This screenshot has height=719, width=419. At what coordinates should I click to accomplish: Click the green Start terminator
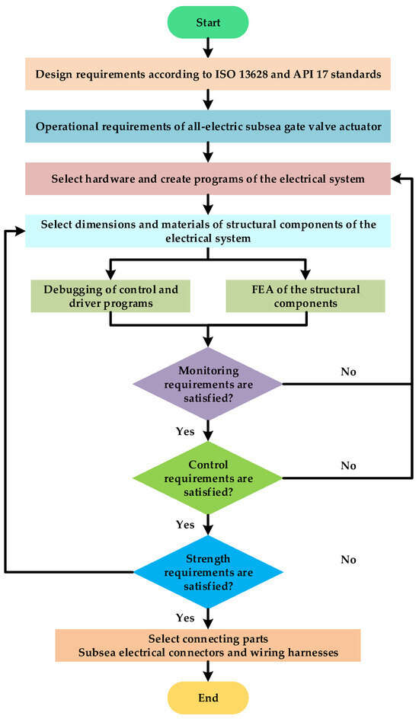pos(208,21)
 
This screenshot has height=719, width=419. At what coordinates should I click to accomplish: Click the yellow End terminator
pos(208,698)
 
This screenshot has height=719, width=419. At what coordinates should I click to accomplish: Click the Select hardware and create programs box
pos(208,180)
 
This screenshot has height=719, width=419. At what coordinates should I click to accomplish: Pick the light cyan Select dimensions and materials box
pos(208,231)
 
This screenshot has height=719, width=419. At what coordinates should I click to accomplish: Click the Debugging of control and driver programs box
pos(111,296)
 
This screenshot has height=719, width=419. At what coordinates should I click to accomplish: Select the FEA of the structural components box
pos(304,296)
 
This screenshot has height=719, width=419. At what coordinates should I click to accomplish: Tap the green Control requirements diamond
pos(208,477)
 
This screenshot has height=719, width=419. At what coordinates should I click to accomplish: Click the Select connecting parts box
pos(208,644)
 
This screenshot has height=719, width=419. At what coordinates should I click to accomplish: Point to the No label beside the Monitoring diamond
pos(348,372)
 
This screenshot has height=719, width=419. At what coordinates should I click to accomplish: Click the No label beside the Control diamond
pos(348,465)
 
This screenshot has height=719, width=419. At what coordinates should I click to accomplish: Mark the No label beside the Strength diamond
pos(348,560)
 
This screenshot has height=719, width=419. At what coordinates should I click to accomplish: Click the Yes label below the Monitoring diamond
pos(185,431)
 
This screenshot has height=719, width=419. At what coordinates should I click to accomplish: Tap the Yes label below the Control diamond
pos(185,525)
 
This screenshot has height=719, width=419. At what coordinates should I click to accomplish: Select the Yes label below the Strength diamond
pos(185,618)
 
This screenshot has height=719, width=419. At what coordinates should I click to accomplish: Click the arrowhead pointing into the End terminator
pos(208,676)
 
